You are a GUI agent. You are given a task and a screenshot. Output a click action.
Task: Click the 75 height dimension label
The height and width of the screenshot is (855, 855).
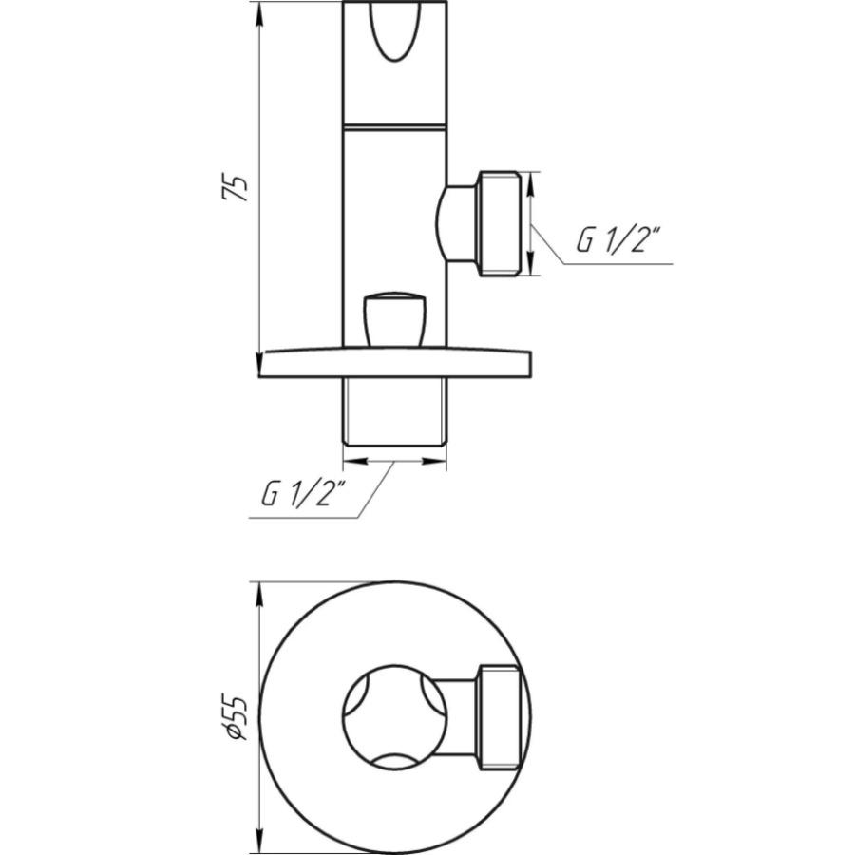click(235, 188)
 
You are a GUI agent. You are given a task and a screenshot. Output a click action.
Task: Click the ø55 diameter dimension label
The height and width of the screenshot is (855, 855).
click(235, 717)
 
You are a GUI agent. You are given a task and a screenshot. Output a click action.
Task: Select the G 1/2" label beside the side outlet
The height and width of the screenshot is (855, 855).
click(618, 240)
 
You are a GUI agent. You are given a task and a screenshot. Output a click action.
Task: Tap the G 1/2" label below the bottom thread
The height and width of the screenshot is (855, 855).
click(304, 493)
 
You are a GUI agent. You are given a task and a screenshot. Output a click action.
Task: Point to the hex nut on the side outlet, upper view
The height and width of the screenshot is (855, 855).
click(500, 223)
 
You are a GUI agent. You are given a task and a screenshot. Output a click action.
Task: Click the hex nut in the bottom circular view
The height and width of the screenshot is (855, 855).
click(500, 717)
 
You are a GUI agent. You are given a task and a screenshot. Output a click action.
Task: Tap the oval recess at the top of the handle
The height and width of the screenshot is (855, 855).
click(395, 31)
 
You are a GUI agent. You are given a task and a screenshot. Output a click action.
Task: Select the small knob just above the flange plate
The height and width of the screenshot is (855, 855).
click(394, 320)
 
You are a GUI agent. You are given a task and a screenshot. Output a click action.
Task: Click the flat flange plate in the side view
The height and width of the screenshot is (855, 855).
click(395, 363)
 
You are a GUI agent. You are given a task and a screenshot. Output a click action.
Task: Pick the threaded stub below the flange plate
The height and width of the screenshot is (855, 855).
click(395, 412)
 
